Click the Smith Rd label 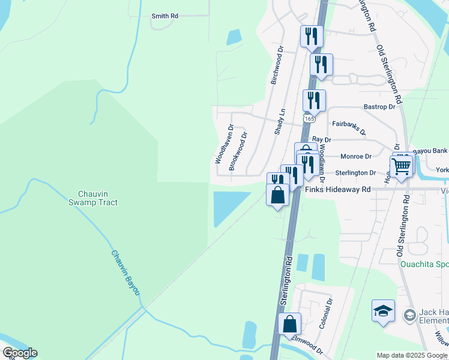point(165,16)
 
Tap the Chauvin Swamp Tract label point(97,198)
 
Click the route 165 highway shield point(309,119)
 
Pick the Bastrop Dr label point(379,107)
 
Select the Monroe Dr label point(356,156)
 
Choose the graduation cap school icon point(383,311)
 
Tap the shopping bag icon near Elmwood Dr point(289,324)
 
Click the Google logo point(20,353)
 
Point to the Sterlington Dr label point(355,173)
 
